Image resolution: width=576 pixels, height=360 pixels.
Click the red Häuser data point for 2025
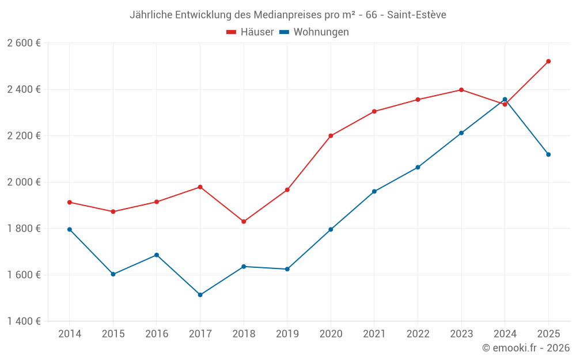(548, 61)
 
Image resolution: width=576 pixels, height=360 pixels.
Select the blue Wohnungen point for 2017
(200, 295)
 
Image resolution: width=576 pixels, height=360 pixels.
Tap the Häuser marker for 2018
(244, 222)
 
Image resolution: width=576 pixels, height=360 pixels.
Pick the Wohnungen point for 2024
(505, 100)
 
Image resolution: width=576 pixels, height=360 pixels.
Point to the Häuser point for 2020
(331, 136)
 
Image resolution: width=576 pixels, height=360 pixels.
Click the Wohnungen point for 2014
(70, 229)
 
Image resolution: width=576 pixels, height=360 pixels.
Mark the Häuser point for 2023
(461, 90)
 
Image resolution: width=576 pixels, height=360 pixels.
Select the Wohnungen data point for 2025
(548, 154)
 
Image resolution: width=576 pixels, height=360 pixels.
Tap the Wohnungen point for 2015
(113, 274)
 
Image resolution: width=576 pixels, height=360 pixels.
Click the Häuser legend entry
(251, 32)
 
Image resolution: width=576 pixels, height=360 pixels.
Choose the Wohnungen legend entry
(314, 32)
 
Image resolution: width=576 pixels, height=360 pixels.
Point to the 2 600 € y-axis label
(24, 43)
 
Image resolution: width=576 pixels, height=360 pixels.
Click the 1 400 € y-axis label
(24, 321)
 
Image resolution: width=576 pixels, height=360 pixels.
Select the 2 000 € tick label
(24, 182)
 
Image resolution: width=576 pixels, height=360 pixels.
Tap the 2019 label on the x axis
(287, 334)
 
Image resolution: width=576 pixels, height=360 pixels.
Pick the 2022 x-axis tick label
(418, 334)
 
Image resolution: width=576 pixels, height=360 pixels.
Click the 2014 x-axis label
(70, 334)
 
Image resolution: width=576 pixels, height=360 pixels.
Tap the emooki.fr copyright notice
(526, 348)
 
